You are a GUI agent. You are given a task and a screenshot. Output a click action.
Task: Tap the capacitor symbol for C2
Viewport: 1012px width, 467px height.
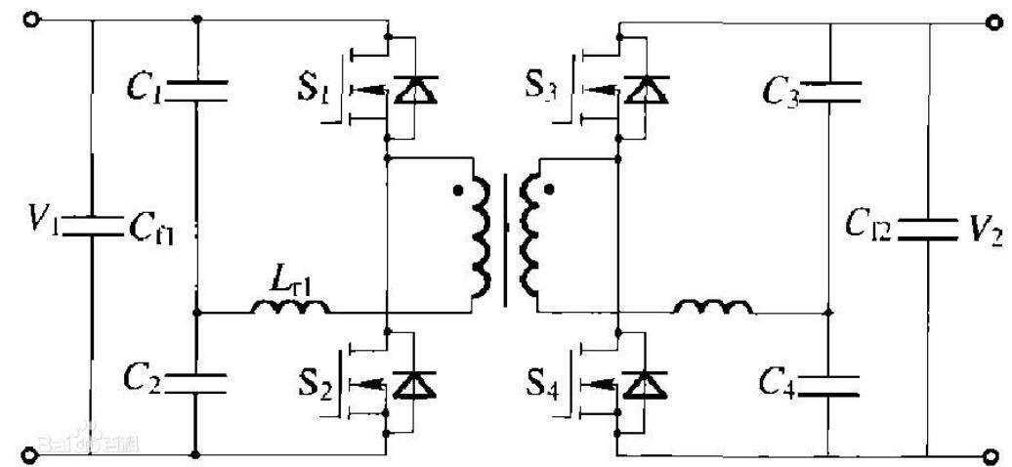click(197, 380)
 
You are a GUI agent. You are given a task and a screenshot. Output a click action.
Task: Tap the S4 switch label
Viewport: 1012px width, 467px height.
click(542, 385)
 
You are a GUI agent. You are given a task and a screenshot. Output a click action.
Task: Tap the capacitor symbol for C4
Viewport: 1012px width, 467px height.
click(827, 383)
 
